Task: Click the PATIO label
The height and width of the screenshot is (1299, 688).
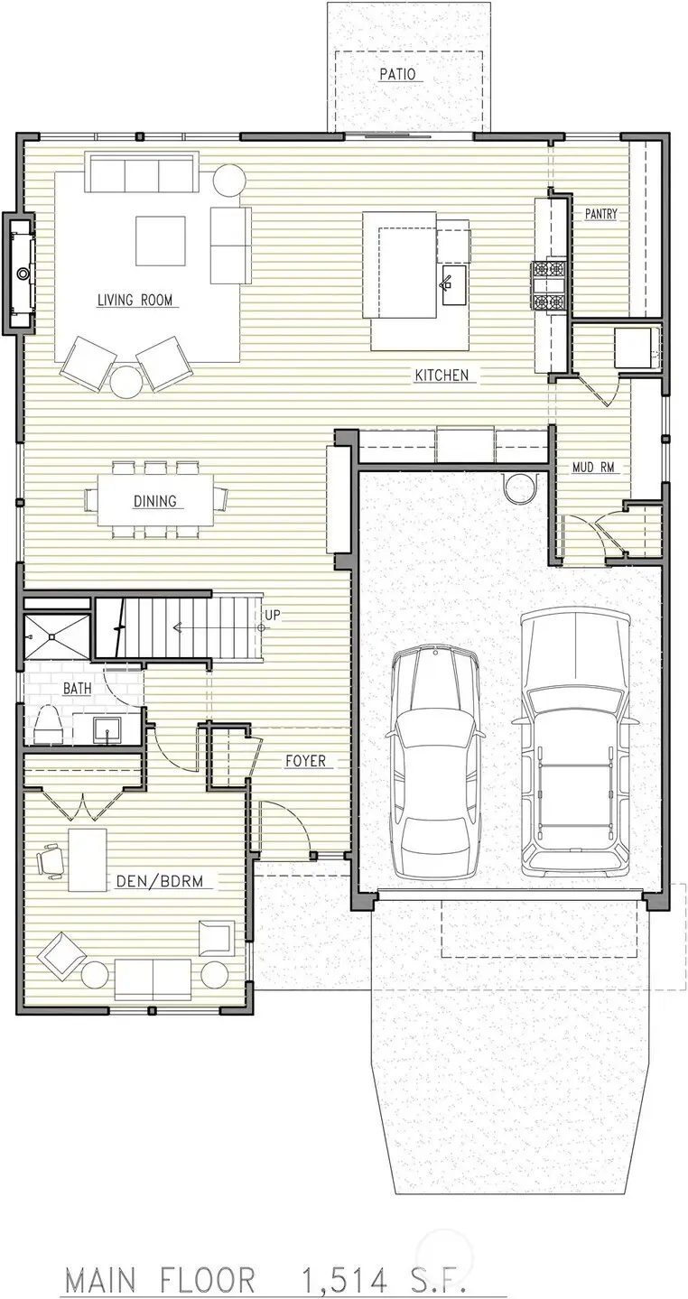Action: pyautogui.click(x=397, y=75)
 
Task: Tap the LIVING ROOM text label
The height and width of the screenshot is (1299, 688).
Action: pyautogui.click(x=135, y=301)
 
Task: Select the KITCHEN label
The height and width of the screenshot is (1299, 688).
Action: pyautogui.click(x=442, y=375)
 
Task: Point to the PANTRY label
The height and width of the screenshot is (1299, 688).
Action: pyautogui.click(x=600, y=214)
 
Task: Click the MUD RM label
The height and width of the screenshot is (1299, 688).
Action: pyautogui.click(x=593, y=468)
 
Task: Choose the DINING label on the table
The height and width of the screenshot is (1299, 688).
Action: pyautogui.click(x=154, y=501)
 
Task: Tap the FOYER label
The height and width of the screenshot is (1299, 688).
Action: pyautogui.click(x=305, y=761)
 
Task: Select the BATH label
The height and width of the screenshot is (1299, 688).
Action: pyautogui.click(x=77, y=689)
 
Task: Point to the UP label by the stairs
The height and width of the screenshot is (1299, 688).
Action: pyautogui.click(x=273, y=616)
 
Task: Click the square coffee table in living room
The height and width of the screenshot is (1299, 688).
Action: pyautogui.click(x=161, y=241)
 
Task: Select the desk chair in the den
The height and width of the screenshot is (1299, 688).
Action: pyautogui.click(x=51, y=858)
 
